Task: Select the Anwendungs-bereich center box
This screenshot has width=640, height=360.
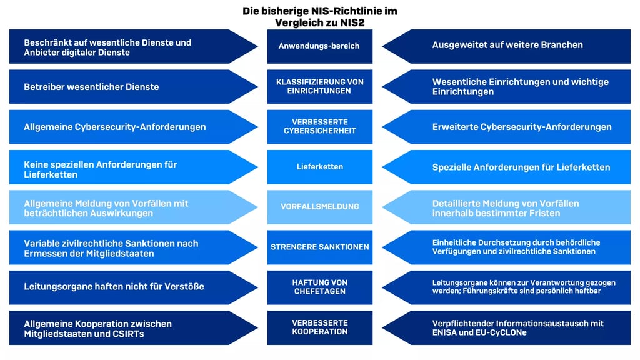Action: (319, 46)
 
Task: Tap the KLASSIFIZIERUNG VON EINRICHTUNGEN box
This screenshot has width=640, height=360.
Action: (319, 86)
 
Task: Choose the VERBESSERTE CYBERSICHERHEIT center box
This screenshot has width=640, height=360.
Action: (319, 126)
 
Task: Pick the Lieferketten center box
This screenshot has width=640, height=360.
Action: (319, 167)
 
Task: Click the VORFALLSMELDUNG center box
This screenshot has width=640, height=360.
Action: (319, 207)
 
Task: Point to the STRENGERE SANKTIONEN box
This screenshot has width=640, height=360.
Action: (319, 247)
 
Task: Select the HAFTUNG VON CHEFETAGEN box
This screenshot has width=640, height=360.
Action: (319, 287)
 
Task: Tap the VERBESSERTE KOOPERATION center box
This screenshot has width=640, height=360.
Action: (319, 327)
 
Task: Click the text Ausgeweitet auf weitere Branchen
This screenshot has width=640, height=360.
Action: (507, 45)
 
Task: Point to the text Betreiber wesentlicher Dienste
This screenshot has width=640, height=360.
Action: (91, 87)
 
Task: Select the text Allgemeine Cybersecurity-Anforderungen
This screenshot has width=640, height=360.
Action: (114, 127)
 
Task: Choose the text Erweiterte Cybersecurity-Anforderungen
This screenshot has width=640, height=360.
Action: (522, 127)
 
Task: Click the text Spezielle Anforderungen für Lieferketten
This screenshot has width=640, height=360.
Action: (521, 167)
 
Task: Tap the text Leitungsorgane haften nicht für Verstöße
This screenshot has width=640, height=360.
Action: (114, 287)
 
